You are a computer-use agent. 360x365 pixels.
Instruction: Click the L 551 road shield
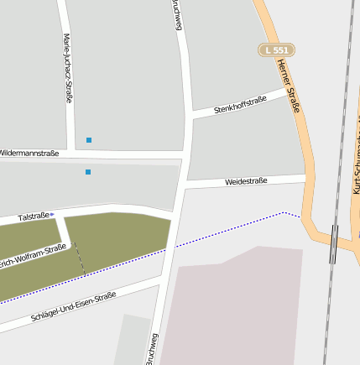click(x=275, y=50)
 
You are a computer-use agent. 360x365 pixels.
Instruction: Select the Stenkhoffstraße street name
click(x=240, y=104)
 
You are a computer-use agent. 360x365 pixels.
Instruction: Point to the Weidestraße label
click(x=246, y=180)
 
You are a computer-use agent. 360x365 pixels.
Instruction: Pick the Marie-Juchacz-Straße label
click(x=67, y=68)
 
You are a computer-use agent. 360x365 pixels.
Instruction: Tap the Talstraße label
click(x=34, y=216)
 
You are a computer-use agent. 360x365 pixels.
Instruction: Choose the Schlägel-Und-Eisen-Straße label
click(x=73, y=307)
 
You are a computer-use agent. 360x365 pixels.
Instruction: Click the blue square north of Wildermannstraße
click(x=88, y=139)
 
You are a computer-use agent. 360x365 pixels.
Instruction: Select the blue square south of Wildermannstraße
click(x=87, y=172)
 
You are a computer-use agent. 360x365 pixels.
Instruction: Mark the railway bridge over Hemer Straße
click(x=333, y=243)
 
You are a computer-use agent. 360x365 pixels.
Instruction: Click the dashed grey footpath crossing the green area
click(x=79, y=257)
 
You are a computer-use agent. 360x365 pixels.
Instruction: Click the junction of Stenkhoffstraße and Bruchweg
click(x=189, y=114)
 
